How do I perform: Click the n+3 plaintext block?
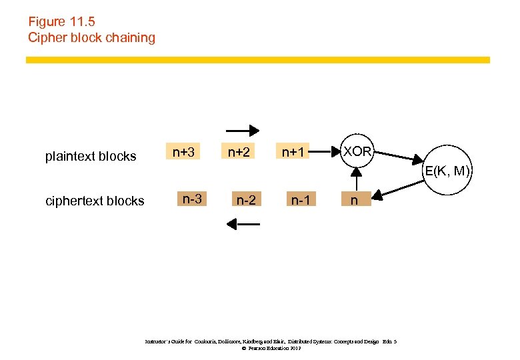coord(184,153)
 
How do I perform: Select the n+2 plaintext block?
coord(239,153)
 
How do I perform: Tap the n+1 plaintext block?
coord(293,153)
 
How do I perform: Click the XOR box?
coord(358,152)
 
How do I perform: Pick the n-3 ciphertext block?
coord(193,199)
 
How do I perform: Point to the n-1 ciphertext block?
coord(301,199)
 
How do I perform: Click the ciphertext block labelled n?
coord(357,199)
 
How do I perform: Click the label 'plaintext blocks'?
coord(91,157)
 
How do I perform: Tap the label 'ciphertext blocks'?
coord(94,201)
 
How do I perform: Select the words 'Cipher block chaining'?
coord(91,37)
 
